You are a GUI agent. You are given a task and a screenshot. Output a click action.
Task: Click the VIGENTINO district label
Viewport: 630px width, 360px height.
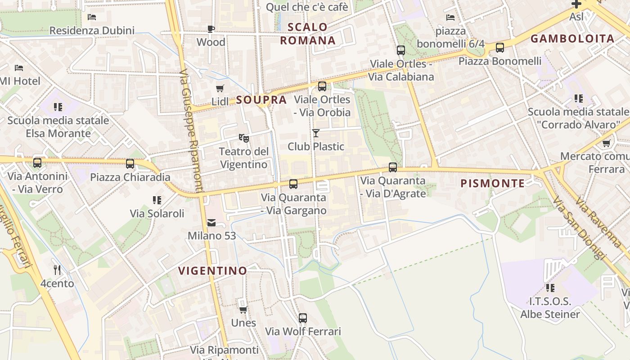pyautogui.click(x=213, y=270)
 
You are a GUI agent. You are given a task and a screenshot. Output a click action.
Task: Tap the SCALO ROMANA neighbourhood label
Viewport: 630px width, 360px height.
pyautogui.click(x=308, y=34)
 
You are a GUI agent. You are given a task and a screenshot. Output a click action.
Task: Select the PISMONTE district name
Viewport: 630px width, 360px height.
pyautogui.click(x=493, y=183)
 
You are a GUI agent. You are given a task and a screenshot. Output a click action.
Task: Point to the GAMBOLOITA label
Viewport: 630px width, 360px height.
pyautogui.click(x=572, y=38)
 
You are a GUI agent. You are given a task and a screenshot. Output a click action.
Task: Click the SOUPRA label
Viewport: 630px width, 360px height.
pyautogui.click(x=261, y=100)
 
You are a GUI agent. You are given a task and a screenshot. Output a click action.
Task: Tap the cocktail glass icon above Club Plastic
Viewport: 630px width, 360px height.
pyautogui.click(x=316, y=133)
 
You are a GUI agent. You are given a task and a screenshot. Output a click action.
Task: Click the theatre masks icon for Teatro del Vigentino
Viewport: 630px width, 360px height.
pyautogui.click(x=243, y=138)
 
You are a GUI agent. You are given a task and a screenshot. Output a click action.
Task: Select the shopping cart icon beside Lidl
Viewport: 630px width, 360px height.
pyautogui.click(x=220, y=88)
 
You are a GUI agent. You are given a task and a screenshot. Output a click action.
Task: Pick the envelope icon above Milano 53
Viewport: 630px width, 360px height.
pyautogui.click(x=211, y=223)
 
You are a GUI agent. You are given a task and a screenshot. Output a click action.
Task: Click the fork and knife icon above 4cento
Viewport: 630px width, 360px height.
pyautogui.click(x=57, y=270)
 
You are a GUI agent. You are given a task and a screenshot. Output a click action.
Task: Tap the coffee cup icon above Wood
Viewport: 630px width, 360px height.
pyautogui.click(x=211, y=29)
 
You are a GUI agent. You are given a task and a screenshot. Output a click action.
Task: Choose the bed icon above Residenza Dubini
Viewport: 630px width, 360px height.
pyautogui.click(x=92, y=18)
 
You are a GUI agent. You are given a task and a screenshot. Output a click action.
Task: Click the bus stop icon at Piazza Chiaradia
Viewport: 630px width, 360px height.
pyautogui.click(x=130, y=164)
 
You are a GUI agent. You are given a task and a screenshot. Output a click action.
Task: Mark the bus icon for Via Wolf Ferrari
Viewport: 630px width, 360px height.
pyautogui.click(x=303, y=318)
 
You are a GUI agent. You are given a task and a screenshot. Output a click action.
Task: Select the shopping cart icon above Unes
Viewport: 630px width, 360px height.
pyautogui.click(x=243, y=310)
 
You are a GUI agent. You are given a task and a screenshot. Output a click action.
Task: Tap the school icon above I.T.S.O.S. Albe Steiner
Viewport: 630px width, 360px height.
pyautogui.click(x=550, y=288)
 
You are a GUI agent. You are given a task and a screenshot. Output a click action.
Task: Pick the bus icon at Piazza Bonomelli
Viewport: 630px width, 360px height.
pyautogui.click(x=499, y=48)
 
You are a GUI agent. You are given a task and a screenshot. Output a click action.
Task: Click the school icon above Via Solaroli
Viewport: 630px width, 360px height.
pyautogui.click(x=157, y=200)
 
